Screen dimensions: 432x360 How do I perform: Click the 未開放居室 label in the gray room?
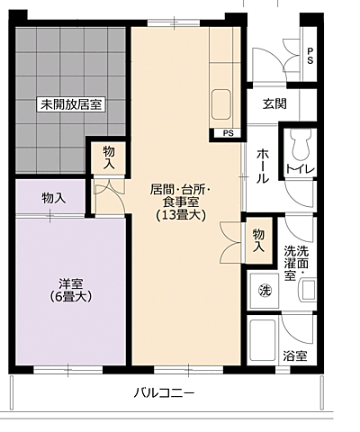point(71,104)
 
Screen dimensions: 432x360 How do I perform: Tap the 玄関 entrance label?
point(274,103)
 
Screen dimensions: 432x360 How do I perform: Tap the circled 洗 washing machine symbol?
point(265,291)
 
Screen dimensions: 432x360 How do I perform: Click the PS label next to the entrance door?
point(310,56)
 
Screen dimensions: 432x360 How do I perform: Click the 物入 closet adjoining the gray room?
point(109,158)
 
